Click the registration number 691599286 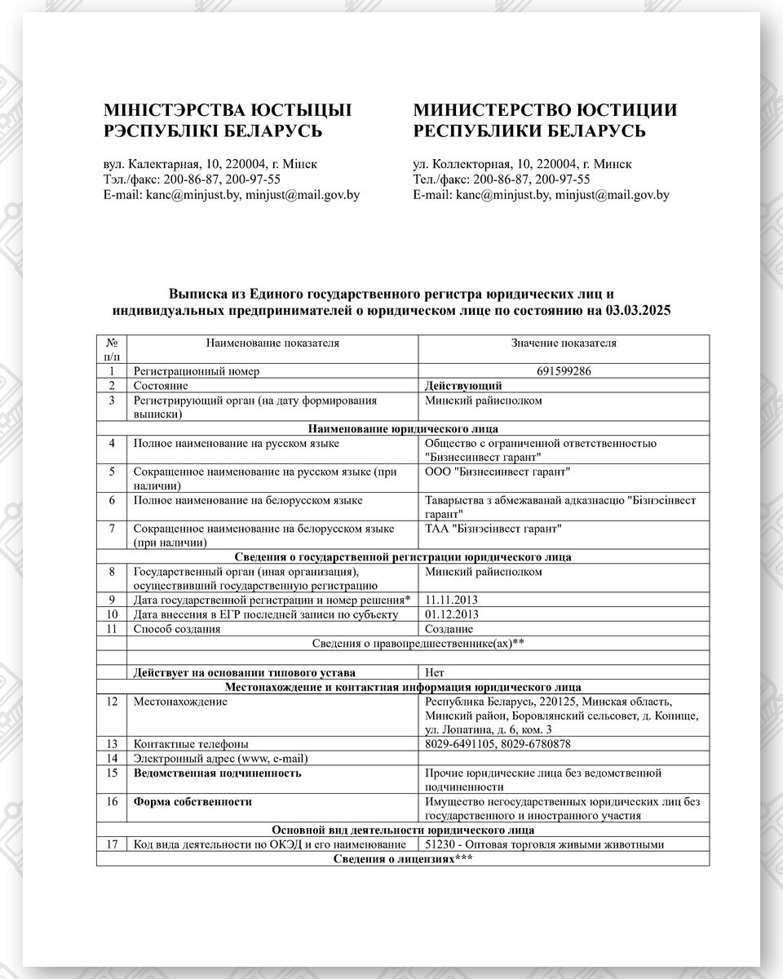(x=564, y=371)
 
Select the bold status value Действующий (x=463, y=385)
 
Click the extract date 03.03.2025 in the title (x=639, y=311)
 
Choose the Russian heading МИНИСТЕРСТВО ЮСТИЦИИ (x=545, y=110)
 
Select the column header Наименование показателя (x=272, y=343)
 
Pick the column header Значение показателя (x=564, y=343)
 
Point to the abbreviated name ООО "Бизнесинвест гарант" (x=498, y=472)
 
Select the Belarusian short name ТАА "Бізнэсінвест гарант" (x=494, y=529)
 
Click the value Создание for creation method (x=449, y=629)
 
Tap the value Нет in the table (x=435, y=673)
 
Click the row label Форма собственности (x=192, y=802)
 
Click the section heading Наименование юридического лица (x=403, y=428)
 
